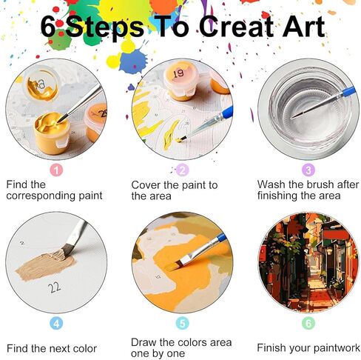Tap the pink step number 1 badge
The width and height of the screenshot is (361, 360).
[56, 170]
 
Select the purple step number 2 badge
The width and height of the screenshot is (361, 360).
[182, 170]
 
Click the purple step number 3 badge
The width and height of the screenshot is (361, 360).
[308, 170]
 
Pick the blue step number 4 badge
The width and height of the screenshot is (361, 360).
[56, 324]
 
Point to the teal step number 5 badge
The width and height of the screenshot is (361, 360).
[183, 324]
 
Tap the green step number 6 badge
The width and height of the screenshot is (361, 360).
[308, 323]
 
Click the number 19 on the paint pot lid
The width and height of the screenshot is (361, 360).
[178, 73]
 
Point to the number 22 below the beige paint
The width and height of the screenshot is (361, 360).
[55, 287]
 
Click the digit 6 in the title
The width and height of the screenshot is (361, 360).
[48, 27]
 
